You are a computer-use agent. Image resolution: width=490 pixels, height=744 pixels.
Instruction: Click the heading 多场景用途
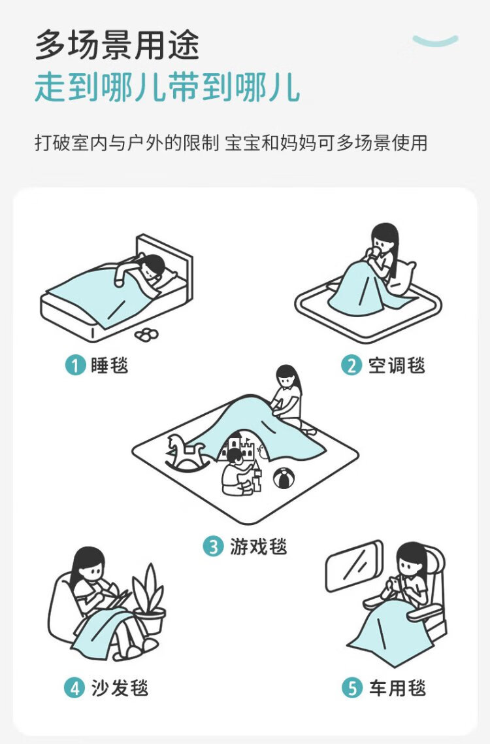tap(117, 45)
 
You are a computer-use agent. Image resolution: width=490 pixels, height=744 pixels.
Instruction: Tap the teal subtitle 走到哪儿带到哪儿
tap(167, 88)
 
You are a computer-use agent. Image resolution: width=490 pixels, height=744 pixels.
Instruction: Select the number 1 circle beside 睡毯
tap(75, 365)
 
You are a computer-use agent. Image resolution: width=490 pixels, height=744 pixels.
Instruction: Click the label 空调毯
tap(397, 365)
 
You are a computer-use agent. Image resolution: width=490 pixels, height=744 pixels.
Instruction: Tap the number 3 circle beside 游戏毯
tap(213, 546)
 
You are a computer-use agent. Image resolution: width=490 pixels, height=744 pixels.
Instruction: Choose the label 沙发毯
tap(120, 688)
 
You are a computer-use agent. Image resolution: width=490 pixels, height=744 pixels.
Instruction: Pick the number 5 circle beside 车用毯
tap(352, 688)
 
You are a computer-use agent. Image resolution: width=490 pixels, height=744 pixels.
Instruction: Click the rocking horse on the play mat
tap(186, 452)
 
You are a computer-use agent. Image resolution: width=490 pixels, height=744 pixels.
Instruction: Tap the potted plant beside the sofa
tap(149, 599)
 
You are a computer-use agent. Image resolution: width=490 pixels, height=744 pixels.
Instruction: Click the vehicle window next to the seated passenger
tap(354, 566)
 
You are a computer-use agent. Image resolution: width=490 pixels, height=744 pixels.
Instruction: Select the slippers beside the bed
tap(146, 334)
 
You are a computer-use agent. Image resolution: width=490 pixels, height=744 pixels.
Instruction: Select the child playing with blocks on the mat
tap(238, 471)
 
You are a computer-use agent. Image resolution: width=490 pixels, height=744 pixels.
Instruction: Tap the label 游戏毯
tap(259, 546)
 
